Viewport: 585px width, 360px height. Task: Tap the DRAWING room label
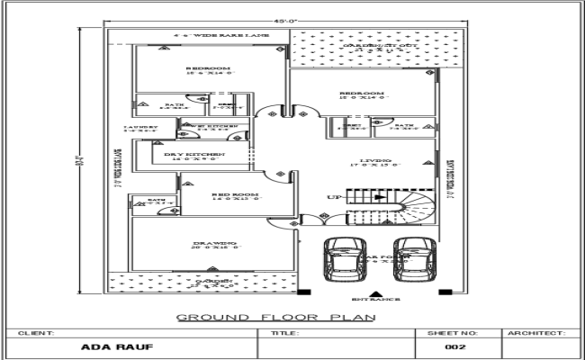tap(213, 244)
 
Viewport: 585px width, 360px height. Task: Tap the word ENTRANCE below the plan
tap(374, 300)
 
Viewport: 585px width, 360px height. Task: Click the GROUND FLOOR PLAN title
tap(275, 317)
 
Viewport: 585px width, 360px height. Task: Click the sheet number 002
tap(454, 347)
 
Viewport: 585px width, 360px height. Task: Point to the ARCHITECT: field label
tap(536, 333)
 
